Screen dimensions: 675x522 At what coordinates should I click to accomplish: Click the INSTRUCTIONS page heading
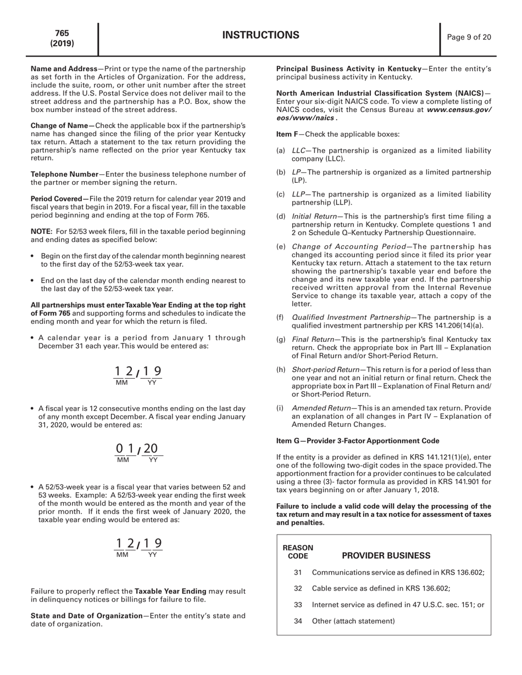261,36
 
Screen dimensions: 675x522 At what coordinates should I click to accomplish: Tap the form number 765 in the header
62,33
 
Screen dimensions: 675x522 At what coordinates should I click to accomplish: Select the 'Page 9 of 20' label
469,37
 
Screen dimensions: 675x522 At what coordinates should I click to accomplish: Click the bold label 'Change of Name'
62,126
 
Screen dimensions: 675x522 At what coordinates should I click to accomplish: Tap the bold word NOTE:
42,232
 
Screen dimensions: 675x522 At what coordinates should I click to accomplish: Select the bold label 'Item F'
287,134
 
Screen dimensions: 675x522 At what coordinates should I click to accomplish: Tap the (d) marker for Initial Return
281,216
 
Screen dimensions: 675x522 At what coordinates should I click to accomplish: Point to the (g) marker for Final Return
281,340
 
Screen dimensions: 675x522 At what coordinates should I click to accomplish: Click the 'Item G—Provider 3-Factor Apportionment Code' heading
358,441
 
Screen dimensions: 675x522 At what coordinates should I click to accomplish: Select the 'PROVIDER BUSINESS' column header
386,555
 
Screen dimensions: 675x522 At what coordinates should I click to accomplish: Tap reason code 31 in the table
298,572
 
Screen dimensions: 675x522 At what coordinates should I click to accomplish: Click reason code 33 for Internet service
298,605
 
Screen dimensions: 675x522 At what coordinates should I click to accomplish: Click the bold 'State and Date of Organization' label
86,616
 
